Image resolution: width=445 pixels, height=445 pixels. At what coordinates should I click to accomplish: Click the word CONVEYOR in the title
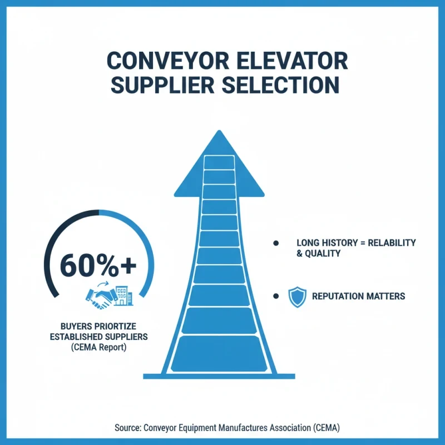coord(168,61)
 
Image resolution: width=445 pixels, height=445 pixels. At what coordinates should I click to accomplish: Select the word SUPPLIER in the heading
coord(162,85)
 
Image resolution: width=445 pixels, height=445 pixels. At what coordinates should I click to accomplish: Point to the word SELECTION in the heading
coord(280,85)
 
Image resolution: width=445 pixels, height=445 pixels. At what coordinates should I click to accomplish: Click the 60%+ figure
coord(98,266)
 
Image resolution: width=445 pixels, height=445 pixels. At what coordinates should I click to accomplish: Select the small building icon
coord(123,296)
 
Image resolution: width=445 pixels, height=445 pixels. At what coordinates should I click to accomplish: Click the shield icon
coord(297,297)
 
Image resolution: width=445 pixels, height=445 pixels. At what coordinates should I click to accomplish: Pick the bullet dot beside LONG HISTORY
coord(276,243)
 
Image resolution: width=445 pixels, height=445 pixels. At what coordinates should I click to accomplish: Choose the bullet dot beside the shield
coord(276,296)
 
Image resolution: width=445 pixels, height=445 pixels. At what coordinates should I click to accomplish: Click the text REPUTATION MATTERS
coord(358,296)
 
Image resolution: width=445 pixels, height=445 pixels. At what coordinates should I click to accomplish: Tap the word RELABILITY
coord(392,243)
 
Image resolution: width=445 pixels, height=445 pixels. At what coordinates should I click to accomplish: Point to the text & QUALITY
coord(318,254)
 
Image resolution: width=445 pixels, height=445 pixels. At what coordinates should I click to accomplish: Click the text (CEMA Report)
coord(99,347)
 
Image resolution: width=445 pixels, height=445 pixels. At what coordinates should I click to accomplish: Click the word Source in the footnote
coord(128,428)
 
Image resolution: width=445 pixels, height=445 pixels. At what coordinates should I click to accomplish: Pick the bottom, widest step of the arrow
coord(219,354)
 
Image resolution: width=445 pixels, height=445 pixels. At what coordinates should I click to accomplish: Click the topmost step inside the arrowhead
coord(219,162)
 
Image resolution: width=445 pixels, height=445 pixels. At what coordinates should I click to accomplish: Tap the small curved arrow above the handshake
coord(102,284)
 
